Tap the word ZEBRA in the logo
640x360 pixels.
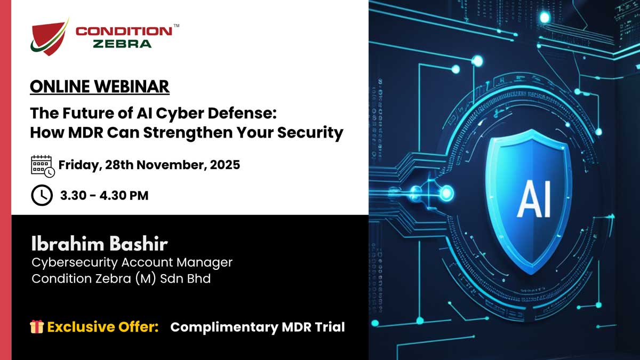122,44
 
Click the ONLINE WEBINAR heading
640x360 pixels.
100,86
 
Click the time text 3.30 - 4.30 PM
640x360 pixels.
104,196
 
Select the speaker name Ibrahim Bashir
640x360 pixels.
99,245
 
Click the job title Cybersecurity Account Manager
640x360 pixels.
132,262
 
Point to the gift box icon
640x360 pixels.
37,327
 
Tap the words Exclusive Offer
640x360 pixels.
103,327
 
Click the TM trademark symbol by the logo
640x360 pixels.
176,26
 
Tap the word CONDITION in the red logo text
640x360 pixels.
124,31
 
